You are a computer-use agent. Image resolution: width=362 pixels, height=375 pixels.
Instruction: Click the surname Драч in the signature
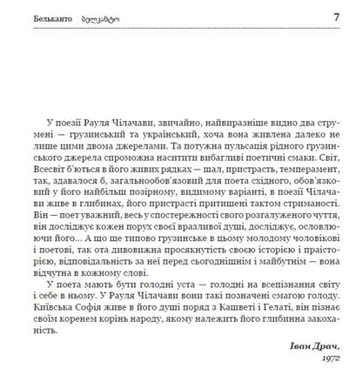pos(322,345)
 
